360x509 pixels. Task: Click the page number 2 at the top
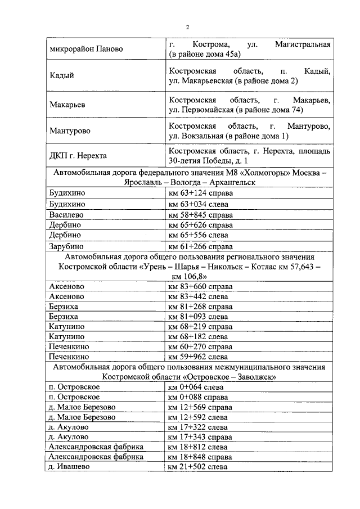tap(188, 26)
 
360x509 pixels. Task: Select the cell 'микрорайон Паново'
tap(85, 49)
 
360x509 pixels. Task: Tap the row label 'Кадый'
tap(62, 75)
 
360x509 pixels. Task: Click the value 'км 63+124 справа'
tap(201, 193)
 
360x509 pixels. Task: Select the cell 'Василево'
tap(66, 214)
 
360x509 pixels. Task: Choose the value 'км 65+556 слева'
tap(199, 235)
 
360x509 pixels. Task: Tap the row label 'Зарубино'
tap(67, 245)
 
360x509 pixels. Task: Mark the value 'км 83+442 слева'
tap(199, 296)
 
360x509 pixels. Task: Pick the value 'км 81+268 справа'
tap(201, 306)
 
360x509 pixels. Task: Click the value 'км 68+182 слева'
tap(199, 336)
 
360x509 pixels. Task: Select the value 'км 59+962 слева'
tap(199, 357)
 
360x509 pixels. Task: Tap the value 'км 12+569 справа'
tap(201, 407)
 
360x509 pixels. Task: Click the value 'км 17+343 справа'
tap(201, 436)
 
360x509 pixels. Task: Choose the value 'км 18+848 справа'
tap(201, 457)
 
